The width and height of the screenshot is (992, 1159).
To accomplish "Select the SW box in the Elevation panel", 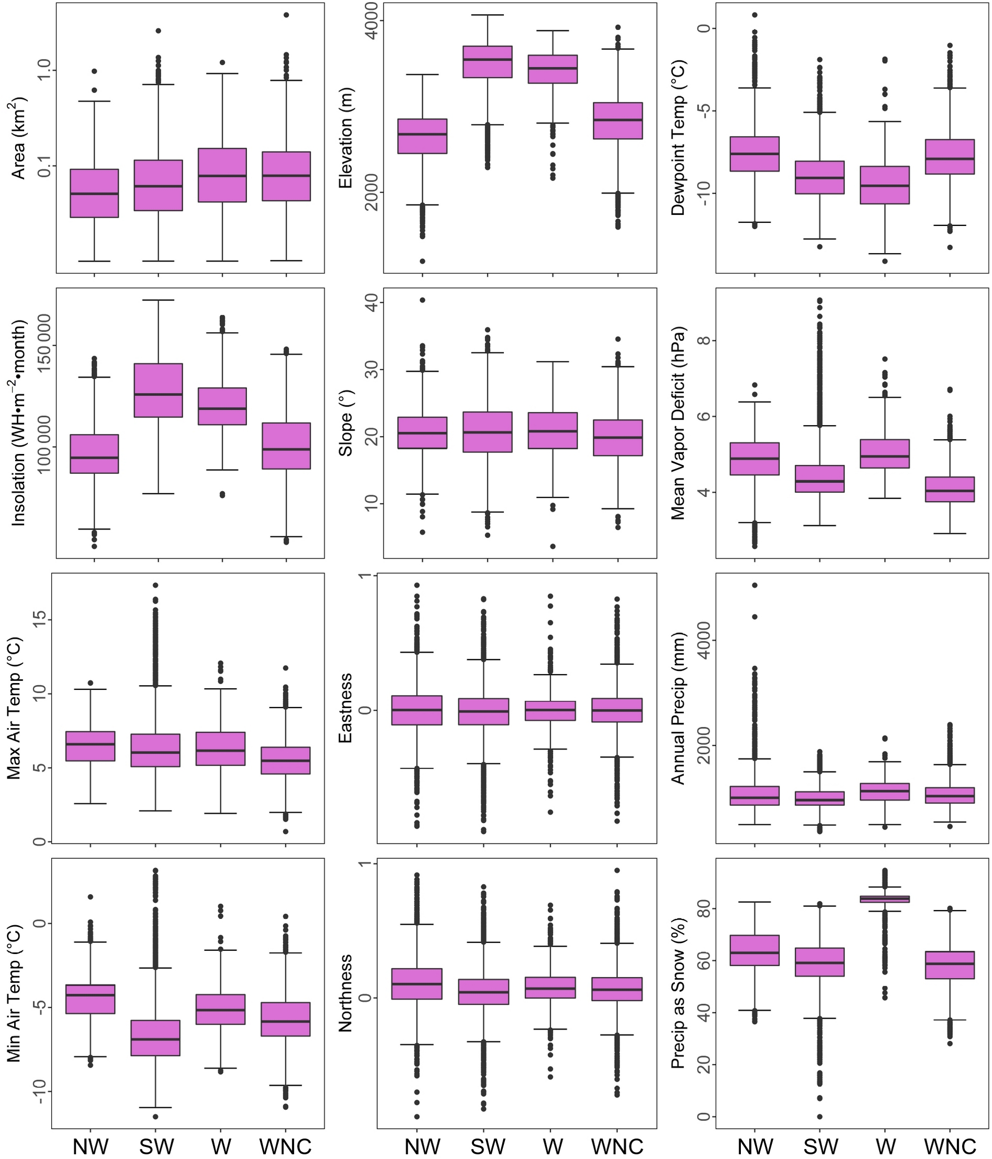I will (x=487, y=62).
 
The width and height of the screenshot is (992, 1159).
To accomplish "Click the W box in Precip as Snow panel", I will (x=885, y=899).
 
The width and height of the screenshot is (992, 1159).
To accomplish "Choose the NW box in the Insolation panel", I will (x=94, y=453).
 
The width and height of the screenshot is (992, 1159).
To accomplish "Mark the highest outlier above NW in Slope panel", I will (x=422, y=300).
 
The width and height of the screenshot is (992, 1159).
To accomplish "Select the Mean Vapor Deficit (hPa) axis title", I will (x=678, y=423).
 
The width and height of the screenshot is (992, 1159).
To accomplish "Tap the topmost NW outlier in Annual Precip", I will (x=754, y=585).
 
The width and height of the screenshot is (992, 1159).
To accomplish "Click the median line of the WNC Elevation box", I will (x=618, y=120).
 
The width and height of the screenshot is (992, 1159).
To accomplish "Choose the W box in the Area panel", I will (x=222, y=175).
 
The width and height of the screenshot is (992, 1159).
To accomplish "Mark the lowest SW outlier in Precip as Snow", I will (x=820, y=1117).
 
